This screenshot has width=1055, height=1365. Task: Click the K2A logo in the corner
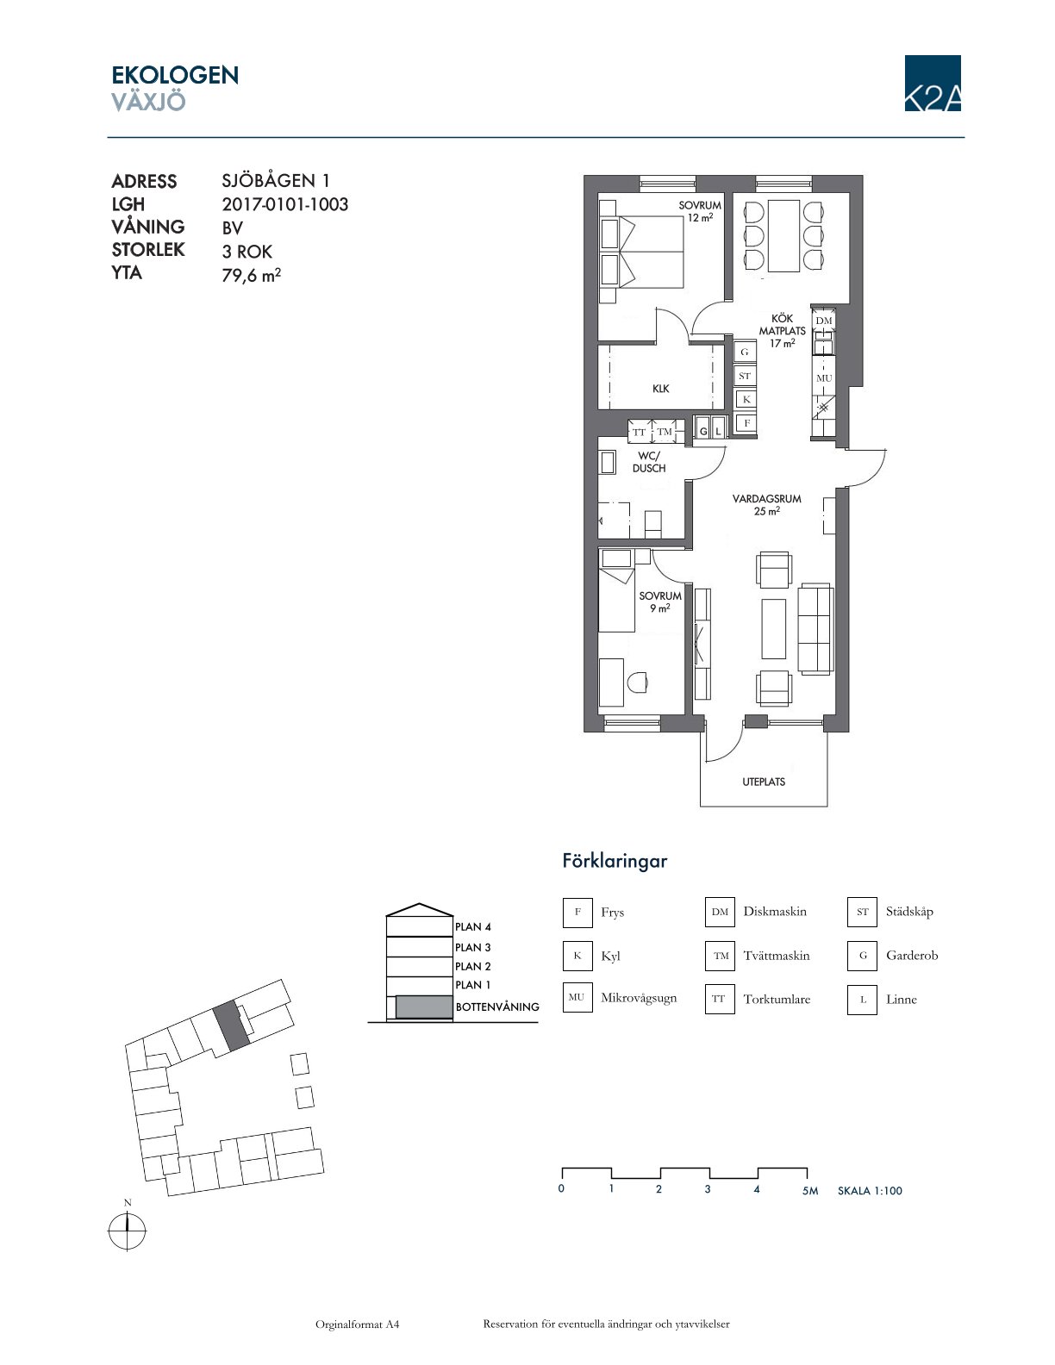(x=932, y=83)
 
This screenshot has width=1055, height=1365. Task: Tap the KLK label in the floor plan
(x=660, y=389)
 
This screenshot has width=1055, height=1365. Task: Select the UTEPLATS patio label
(x=764, y=782)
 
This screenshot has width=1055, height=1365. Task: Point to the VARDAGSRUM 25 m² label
(x=766, y=505)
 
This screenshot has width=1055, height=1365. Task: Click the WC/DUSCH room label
(x=648, y=462)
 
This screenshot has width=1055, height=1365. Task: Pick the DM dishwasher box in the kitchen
(x=823, y=321)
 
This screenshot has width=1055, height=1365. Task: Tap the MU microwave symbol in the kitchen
(x=824, y=377)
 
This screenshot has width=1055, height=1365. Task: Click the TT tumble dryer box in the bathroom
(x=640, y=433)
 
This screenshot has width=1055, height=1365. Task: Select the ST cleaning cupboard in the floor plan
(x=745, y=376)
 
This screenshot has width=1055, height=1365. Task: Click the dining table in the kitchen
(x=783, y=235)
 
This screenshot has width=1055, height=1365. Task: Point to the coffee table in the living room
(x=773, y=628)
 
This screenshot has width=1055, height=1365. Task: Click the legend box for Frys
(x=577, y=912)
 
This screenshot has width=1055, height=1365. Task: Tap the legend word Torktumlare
(x=777, y=1000)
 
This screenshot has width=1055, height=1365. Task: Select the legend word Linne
(x=901, y=1000)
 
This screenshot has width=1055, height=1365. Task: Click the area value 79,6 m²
(x=252, y=275)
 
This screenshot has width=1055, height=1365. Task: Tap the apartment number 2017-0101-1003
(x=284, y=204)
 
